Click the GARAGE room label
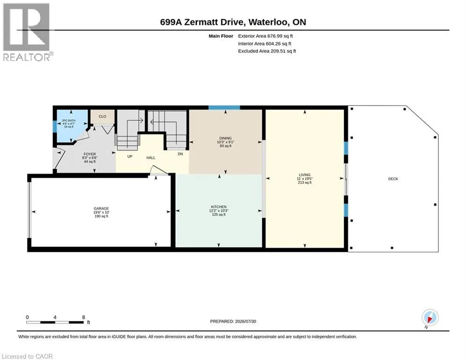[101, 209]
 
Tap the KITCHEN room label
[219, 207]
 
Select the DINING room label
[226, 138]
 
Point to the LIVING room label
[304, 175]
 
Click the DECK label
[393, 179]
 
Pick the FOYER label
[90, 154]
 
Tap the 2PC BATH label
[69, 120]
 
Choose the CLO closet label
[103, 116]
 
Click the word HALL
[151, 157]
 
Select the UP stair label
[130, 157]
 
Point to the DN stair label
[180, 154]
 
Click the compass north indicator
[430, 318]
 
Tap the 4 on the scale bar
[55, 317]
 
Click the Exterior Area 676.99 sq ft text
[266, 36]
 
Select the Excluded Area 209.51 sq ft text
[267, 51]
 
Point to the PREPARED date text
[233, 321]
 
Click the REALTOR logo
[28, 32]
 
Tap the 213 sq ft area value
[304, 182]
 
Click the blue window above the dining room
[224, 108]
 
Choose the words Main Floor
[221, 36]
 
